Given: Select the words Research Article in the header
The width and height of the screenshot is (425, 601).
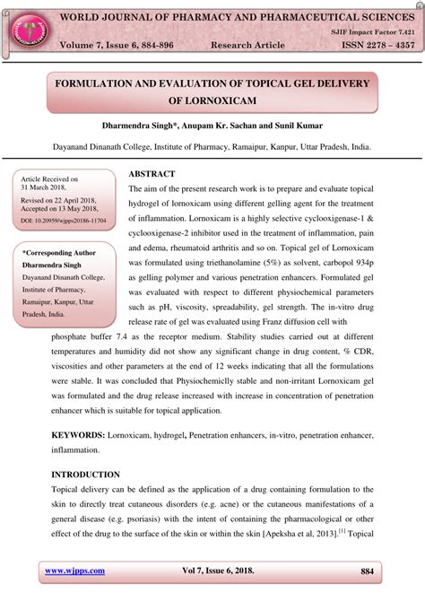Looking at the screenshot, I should [x=247, y=46].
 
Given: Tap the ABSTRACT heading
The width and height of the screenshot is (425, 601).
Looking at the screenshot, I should [x=152, y=172].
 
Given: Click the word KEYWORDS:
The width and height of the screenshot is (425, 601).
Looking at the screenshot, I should [x=77, y=435].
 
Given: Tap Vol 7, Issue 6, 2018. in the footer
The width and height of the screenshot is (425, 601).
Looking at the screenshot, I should [x=224, y=571].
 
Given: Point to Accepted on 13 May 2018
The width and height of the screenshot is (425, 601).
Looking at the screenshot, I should [x=61, y=208].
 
